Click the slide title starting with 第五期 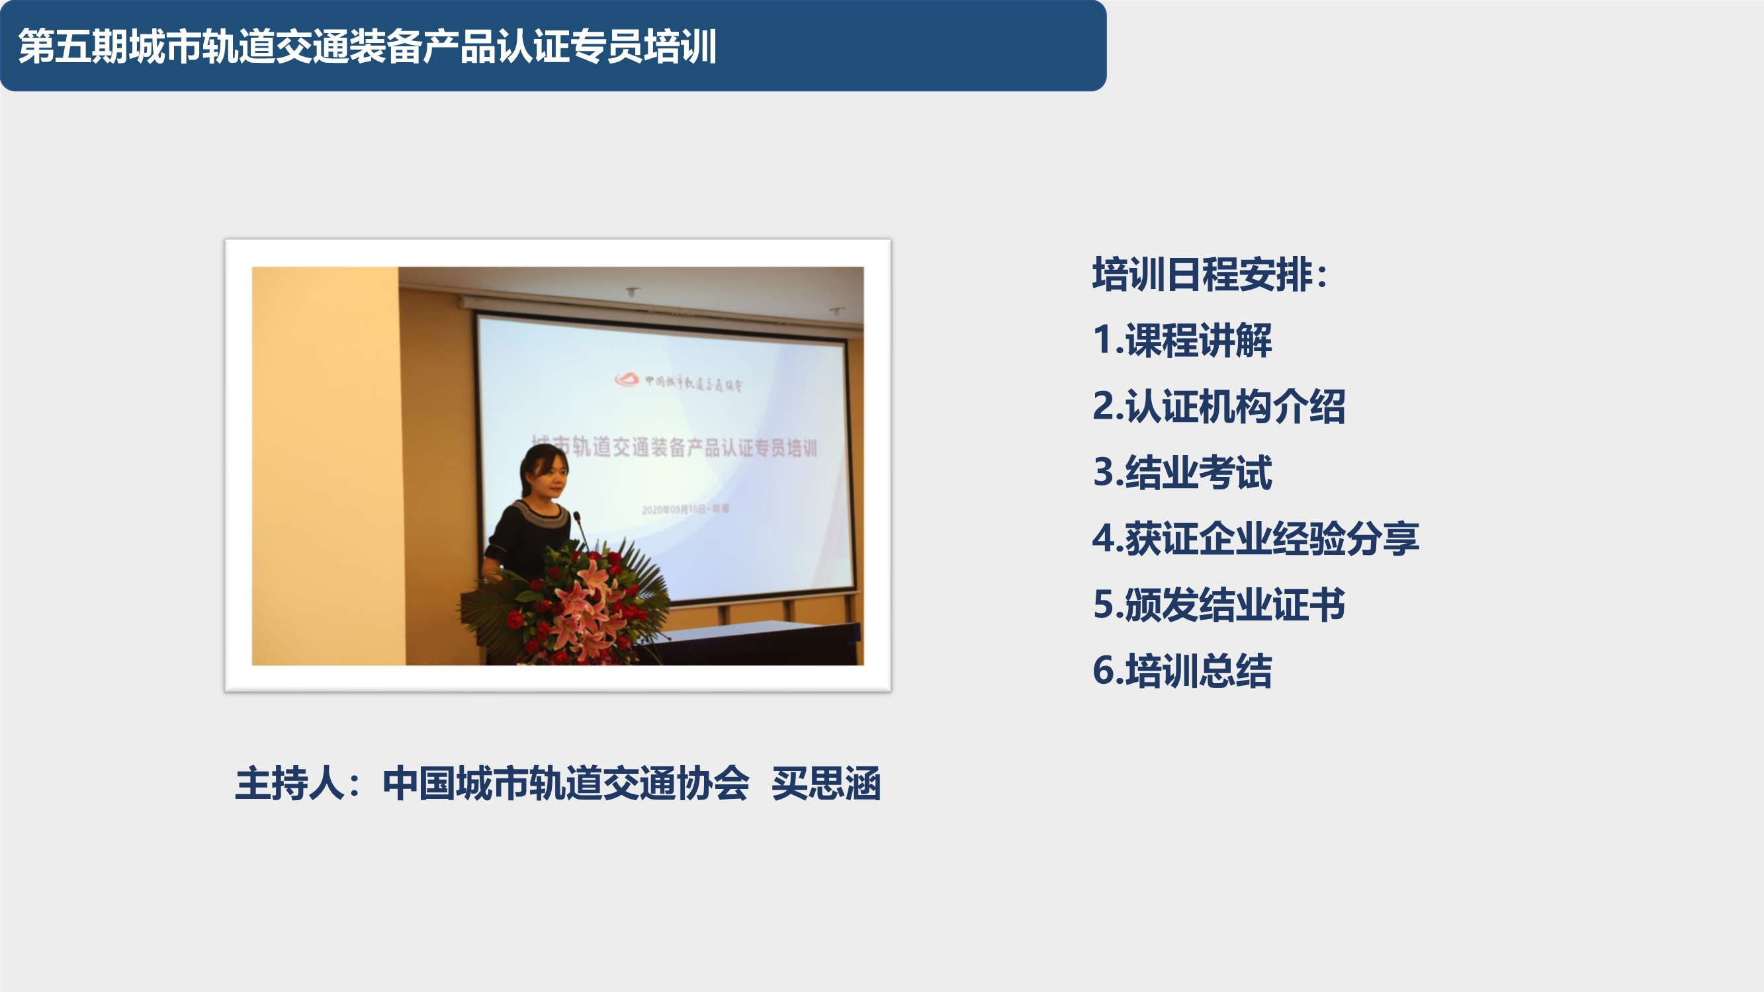(x=367, y=46)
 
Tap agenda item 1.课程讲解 (x=1182, y=340)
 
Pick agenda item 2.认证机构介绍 (x=1219, y=406)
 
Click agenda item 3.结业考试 (x=1182, y=472)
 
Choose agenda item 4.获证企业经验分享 (x=1255, y=538)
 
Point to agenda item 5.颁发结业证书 (x=1219, y=604)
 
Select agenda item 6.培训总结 (x=1182, y=670)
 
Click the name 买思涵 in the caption (x=825, y=783)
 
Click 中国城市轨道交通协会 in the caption (x=566, y=783)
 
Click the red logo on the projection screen (x=626, y=378)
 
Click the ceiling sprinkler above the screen (x=632, y=292)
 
